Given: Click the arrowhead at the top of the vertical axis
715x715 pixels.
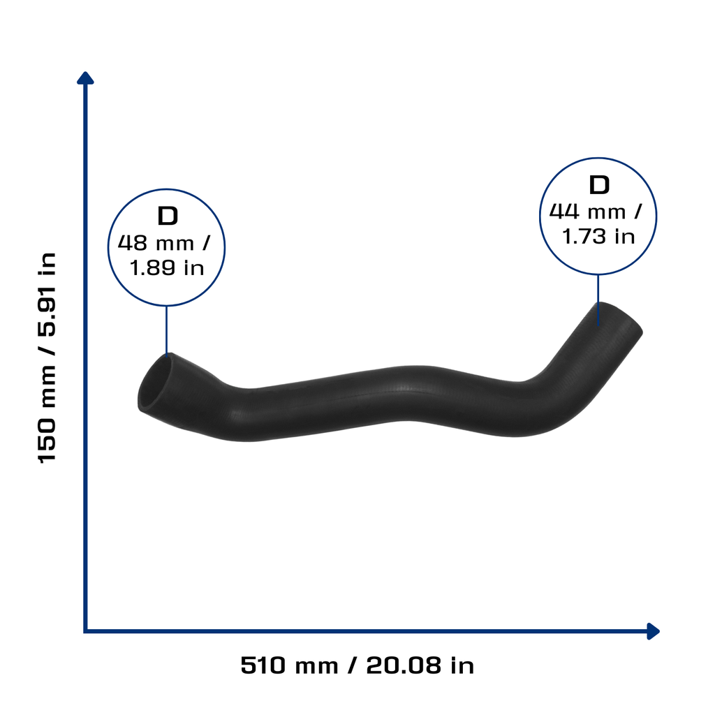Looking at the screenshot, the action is tap(85, 78).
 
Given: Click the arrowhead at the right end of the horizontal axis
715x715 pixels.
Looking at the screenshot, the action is tap(653, 631).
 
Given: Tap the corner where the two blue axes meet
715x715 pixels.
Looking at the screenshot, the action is tap(85, 631).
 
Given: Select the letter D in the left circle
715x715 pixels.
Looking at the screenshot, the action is tap(168, 216).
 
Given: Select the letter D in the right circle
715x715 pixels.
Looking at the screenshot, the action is tap(599, 184).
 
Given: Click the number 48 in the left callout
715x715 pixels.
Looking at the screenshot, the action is tap(132, 243).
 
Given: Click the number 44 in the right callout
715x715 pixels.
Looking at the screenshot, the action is tap(564, 212).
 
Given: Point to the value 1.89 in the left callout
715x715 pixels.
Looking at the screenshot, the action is tap(152, 267).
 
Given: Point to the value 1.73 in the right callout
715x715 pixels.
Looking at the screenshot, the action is tap(584, 237).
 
